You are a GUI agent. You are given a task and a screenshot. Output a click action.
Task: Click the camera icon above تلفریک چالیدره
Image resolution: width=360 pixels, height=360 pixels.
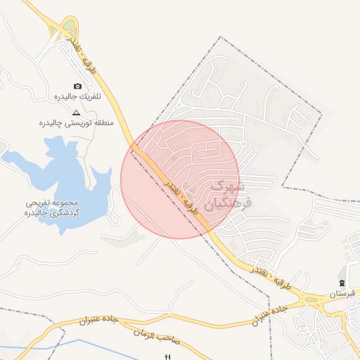[77, 86]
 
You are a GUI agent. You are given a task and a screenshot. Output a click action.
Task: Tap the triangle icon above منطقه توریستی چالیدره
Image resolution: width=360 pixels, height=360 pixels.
[77, 112]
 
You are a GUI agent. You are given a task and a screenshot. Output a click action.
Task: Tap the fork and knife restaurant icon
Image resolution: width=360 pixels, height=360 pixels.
[167, 357]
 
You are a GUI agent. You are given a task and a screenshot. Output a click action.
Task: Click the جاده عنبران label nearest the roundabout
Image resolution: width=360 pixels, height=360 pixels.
[271, 315]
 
